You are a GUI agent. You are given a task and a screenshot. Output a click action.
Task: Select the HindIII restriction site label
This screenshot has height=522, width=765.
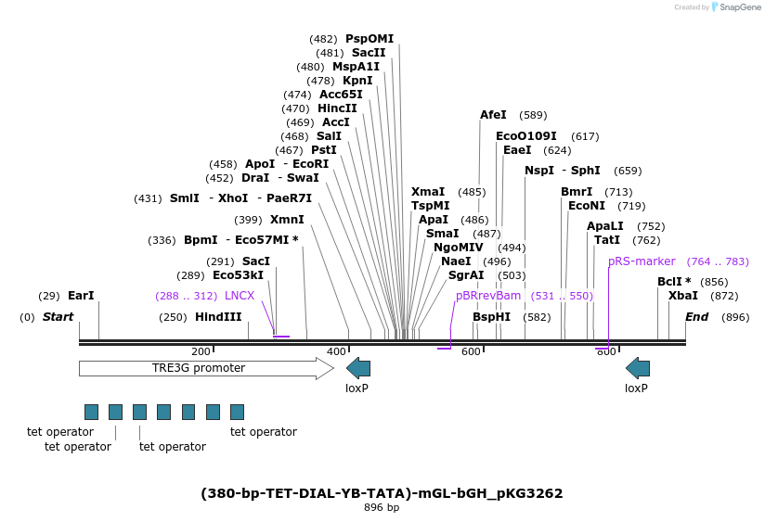tap(218, 317)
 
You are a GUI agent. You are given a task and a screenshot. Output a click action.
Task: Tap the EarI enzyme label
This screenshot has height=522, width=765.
tap(81, 296)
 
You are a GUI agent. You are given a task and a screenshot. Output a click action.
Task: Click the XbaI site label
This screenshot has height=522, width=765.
tap(683, 296)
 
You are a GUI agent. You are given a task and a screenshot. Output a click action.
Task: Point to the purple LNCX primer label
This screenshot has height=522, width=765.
tap(240, 296)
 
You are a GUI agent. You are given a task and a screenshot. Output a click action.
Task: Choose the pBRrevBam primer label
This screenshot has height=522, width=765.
tap(488, 296)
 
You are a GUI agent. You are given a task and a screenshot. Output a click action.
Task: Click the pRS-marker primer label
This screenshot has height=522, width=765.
tap(642, 261)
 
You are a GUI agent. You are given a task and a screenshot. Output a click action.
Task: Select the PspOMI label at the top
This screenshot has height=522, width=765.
tap(370, 39)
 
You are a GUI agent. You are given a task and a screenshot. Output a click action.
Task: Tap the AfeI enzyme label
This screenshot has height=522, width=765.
tap(493, 115)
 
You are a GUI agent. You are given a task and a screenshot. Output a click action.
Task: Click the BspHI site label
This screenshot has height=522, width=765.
tap(491, 317)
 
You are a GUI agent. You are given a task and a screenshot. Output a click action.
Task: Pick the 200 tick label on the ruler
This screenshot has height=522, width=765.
tap(201, 351)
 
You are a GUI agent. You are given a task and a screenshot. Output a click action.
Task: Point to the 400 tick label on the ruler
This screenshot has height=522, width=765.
tap(336, 351)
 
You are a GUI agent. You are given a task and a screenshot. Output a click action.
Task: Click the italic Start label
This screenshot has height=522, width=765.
tap(58, 317)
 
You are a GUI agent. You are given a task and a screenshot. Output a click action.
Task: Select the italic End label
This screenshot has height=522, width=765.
tap(696, 317)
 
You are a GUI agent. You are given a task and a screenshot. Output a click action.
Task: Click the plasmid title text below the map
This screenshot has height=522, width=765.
tap(382, 493)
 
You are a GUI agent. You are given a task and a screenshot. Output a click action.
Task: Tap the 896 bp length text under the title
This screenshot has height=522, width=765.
tap(382, 508)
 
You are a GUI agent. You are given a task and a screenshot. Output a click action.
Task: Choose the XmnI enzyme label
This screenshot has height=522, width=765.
tap(287, 220)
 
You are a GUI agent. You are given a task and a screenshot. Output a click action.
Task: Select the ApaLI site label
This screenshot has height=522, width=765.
tap(605, 226)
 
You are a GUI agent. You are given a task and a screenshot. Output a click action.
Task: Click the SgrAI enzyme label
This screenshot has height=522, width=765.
tap(466, 275)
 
